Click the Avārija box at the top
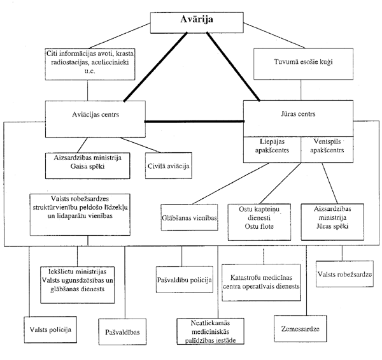[x=197, y=23]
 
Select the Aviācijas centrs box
[x=95, y=119]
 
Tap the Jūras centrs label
[x=298, y=114]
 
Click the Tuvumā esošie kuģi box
[x=303, y=64]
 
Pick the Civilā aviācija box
[x=169, y=166]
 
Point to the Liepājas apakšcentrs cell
[x=272, y=149]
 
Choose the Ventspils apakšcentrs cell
[x=327, y=149]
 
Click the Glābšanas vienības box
[x=189, y=217]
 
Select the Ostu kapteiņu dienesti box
[x=259, y=222]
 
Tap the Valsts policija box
[x=50, y=330]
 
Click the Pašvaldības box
[x=122, y=332]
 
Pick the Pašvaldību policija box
[x=185, y=280]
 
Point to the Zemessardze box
[x=300, y=329]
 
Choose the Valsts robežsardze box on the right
[x=344, y=274]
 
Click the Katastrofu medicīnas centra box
[x=261, y=282]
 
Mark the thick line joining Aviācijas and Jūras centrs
[x=194, y=121]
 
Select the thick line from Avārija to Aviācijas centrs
[x=155, y=67]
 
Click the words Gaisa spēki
[x=87, y=166]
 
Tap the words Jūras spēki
[x=332, y=226]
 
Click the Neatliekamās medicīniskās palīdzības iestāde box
[x=211, y=331]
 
